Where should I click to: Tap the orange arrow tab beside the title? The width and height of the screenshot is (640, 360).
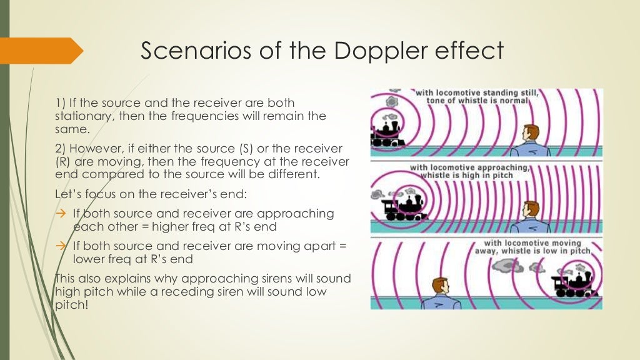coord(41,50)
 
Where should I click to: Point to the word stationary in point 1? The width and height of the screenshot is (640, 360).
coord(79,116)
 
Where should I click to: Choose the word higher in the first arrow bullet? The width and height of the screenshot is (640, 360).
coord(153,226)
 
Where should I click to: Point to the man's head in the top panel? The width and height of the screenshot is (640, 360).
coord(531,133)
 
